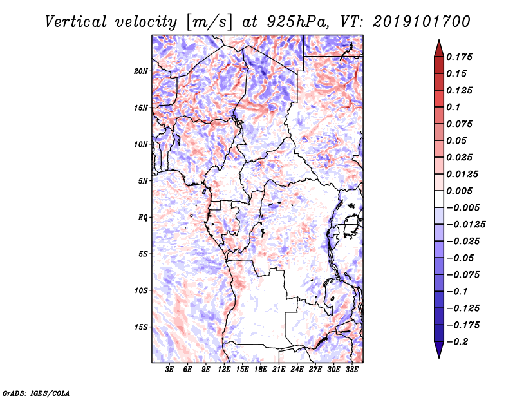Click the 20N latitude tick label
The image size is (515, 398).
(x=141, y=71)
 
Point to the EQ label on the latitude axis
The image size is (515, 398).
(x=142, y=217)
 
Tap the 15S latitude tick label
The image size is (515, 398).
(x=141, y=327)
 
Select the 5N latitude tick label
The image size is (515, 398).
(x=142, y=180)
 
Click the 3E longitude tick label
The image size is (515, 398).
(x=170, y=370)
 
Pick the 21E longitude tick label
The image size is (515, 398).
(x=279, y=370)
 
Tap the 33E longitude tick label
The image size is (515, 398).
(x=351, y=370)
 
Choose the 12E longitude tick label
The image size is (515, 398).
(x=224, y=370)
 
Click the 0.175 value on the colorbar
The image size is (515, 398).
(x=460, y=57)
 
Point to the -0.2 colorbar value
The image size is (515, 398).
(x=460, y=341)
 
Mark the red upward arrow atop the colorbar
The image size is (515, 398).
(x=438, y=47)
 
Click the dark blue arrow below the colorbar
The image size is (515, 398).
(x=438, y=349)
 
